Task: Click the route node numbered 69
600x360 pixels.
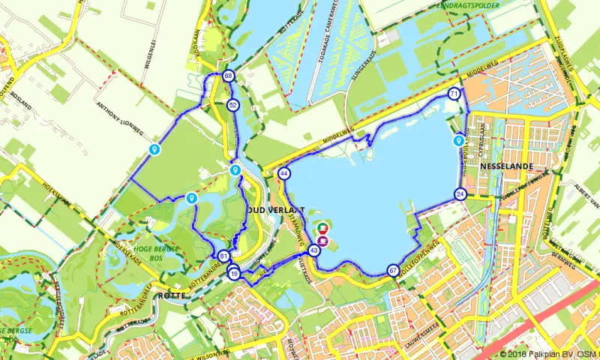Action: pyautogui.click(x=228, y=76)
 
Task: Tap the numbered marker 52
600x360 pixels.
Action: pyautogui.click(x=233, y=105)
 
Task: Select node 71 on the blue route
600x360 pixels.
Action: pyautogui.click(x=454, y=94)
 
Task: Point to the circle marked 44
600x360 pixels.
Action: pyautogui.click(x=284, y=174)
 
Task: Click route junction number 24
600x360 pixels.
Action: pyautogui.click(x=460, y=194)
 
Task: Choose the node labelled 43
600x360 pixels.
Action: pyautogui.click(x=314, y=251)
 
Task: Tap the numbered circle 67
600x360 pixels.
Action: pyautogui.click(x=393, y=270)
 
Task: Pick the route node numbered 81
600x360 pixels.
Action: pyautogui.click(x=223, y=256)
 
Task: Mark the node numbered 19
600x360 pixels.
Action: pyautogui.click(x=235, y=274)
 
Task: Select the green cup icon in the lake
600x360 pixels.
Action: pyautogui.click(x=323, y=227)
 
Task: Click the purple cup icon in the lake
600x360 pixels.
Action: pyautogui.click(x=323, y=241)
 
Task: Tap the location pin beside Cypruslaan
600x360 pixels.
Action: pyautogui.click(x=458, y=140)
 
